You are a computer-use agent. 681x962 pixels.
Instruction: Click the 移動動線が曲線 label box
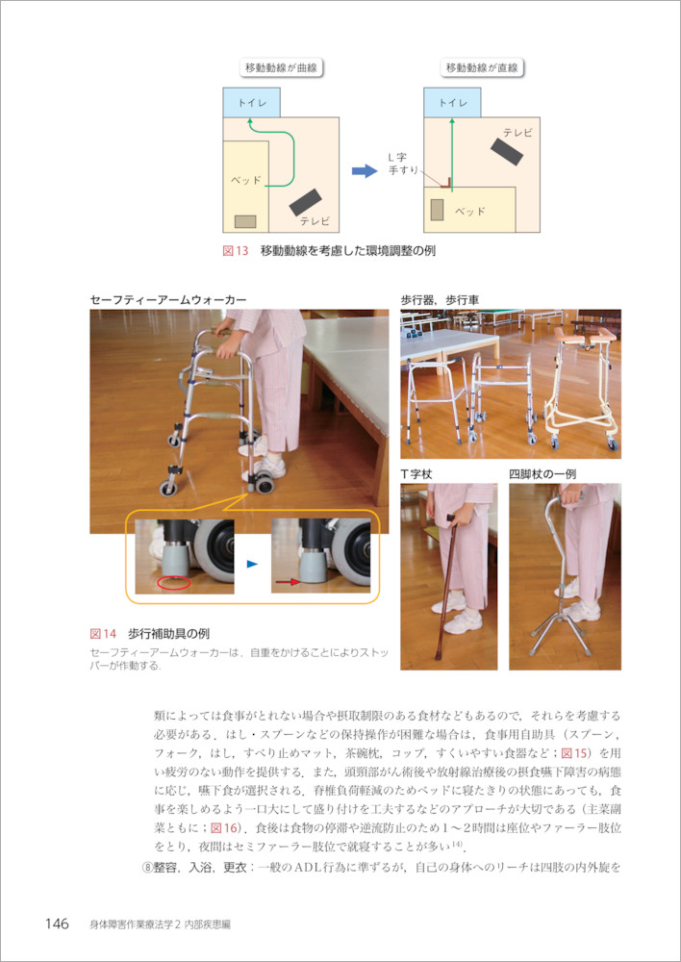281,68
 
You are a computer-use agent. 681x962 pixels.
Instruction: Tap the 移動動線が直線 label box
482,68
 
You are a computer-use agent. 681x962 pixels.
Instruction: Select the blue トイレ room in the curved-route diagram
252,103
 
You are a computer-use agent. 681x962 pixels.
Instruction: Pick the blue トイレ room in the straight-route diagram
452,103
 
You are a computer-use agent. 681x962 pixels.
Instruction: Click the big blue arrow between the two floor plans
365,171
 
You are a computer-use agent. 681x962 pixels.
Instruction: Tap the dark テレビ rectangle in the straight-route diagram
507,151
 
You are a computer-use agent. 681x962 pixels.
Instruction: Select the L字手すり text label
402,165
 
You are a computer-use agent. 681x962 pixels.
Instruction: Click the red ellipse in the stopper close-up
174,584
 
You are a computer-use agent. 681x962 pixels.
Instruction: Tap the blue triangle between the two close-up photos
252,564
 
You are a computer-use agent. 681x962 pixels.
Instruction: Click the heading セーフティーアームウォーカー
168,300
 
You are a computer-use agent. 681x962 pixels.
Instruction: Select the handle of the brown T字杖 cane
452,518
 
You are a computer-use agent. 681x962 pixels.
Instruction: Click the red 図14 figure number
103,634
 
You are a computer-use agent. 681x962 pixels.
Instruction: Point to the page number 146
57,924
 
